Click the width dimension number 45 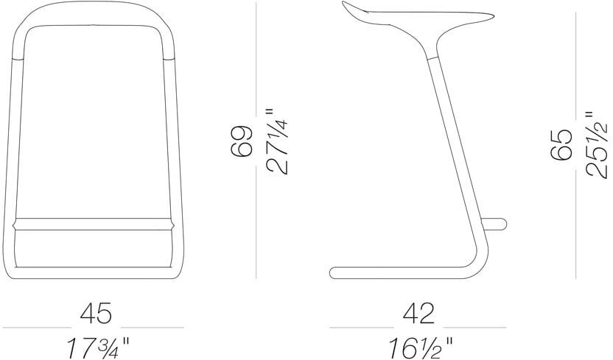96,313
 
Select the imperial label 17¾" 98,348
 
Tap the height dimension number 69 241,141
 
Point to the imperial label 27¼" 277,141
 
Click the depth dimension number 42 418,313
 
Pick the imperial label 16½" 420,348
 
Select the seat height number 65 561,144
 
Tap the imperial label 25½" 597,144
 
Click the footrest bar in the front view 93,224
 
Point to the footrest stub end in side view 502,224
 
